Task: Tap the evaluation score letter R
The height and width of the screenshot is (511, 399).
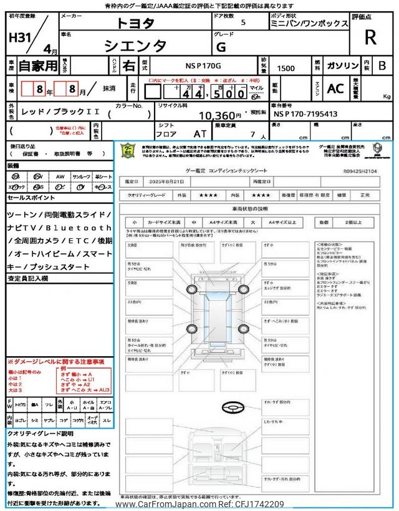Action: pyautogui.click(x=370, y=38)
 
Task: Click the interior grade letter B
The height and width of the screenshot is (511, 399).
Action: pyautogui.click(x=382, y=65)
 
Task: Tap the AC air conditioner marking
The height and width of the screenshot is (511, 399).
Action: pyautogui.click(x=335, y=89)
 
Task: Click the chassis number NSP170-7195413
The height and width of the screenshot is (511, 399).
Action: pyautogui.click(x=305, y=115)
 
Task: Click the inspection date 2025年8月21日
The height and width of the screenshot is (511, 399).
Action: pyautogui.click(x=168, y=181)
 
